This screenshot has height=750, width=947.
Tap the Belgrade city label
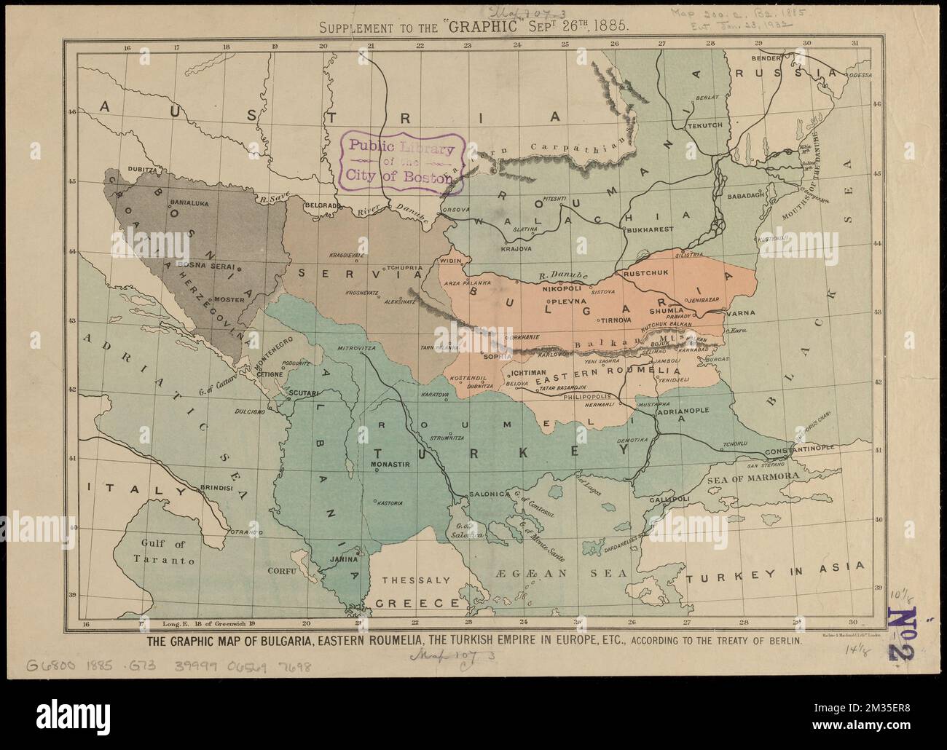[x=322, y=206]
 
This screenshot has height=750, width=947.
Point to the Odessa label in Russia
[x=860, y=74]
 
